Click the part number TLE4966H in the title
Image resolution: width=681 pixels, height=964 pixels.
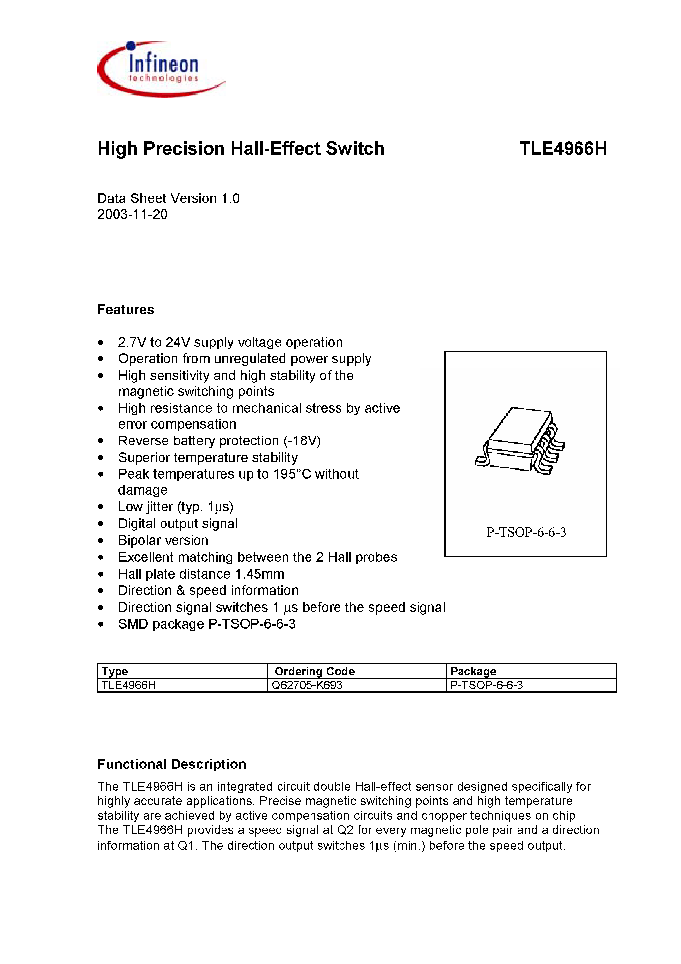pos(563,149)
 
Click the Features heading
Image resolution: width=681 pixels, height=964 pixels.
pos(126,310)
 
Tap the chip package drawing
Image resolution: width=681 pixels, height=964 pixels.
pos(520,441)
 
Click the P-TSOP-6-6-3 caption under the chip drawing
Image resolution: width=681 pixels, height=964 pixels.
pos(526,532)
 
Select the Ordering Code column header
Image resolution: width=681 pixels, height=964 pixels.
pos(314,671)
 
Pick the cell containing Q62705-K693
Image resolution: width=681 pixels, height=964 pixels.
pos(307,685)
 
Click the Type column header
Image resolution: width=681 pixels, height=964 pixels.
pos(115,671)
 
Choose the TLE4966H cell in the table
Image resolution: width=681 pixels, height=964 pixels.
pos(129,685)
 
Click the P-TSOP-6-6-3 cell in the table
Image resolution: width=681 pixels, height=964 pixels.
pos(486,685)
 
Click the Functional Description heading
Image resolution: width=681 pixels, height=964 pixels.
pos(172,764)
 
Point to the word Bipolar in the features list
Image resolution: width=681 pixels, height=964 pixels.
pos(141,540)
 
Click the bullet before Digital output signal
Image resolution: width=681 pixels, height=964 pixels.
pos(100,524)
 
